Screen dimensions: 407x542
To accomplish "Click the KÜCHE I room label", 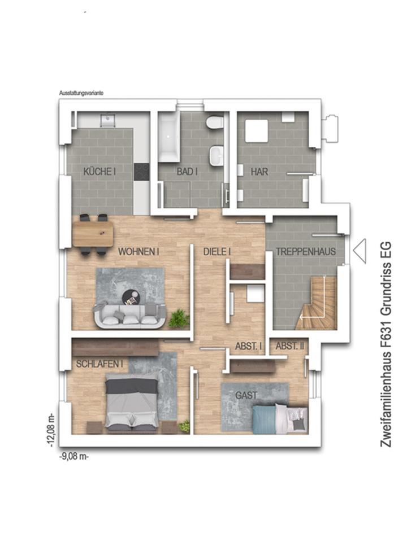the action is pos(99,172).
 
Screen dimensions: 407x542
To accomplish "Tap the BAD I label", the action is pos(187,172).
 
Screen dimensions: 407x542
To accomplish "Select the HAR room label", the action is pos(259,172).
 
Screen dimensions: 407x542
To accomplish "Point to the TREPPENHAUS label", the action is pos(306,252).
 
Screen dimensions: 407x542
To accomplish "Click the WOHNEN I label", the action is pos(138,252).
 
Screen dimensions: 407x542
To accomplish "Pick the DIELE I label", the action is pos(217,252).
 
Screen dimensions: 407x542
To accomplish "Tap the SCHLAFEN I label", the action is pos(99,364).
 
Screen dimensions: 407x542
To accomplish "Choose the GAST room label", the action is pos(246,395).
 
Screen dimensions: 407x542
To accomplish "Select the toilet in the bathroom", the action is pos(214,123).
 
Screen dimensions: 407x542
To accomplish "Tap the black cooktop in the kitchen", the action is pos(141,172).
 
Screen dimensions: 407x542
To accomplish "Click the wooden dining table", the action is pos(93,234).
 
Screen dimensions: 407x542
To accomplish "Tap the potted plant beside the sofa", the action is pos(179,318).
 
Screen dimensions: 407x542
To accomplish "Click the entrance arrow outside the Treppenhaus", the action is pos(360,251).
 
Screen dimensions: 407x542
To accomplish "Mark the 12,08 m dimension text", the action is pos(52,430).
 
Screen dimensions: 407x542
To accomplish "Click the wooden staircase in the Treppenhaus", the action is pos(317,303).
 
